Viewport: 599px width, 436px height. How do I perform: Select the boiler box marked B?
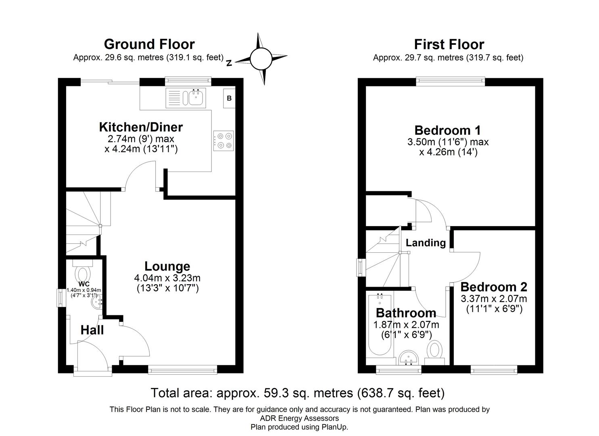pos(229,98)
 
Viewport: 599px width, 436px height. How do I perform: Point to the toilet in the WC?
pos(83,272)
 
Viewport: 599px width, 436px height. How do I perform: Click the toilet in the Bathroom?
pos(435,350)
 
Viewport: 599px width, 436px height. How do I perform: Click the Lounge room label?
pos(167,266)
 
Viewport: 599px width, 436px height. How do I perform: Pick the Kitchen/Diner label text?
pos(141,127)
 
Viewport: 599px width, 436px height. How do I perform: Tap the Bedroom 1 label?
pos(447,130)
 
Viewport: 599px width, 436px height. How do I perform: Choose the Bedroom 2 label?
pos(494,287)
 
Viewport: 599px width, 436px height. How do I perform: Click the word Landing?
pos(426,243)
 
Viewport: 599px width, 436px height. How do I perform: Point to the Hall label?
pos(92,330)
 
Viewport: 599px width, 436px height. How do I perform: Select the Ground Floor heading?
pos(149,44)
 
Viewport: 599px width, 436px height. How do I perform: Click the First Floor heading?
pos(449,44)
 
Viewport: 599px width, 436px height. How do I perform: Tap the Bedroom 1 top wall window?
pos(451,82)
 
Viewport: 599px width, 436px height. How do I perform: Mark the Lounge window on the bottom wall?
pos(183,369)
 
